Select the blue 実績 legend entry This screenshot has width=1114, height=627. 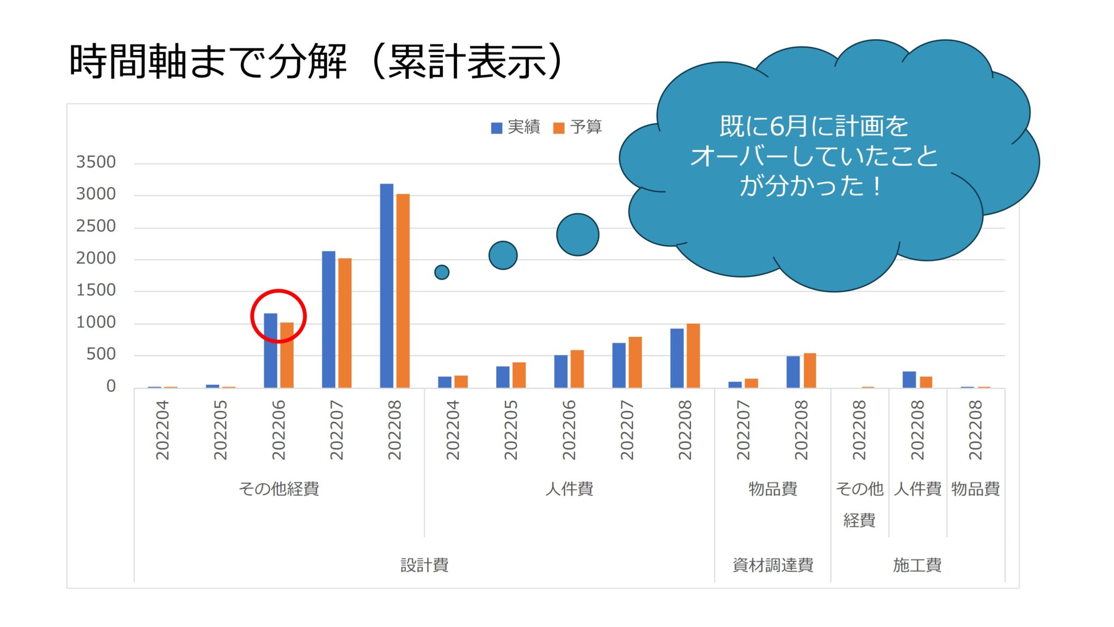tap(515, 127)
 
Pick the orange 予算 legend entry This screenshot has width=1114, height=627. tap(577, 127)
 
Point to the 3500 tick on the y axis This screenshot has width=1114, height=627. tap(96, 162)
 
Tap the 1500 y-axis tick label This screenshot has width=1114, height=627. tap(96, 290)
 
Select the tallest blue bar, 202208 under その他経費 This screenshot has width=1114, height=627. tap(386, 286)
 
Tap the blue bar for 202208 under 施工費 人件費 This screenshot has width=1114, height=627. tap(909, 379)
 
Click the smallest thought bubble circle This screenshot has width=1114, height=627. tap(442, 272)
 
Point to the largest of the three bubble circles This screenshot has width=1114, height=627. tap(578, 235)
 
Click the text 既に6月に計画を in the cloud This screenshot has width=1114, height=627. tap(814, 126)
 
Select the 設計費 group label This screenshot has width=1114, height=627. tap(424, 565)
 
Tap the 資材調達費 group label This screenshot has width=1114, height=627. tap(773, 565)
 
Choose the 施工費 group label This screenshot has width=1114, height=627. tap(917, 565)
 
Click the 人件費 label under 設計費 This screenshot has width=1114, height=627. tap(569, 489)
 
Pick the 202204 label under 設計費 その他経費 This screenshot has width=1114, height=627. tap(162, 430)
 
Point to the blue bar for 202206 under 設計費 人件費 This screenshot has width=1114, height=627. tap(561, 371)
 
